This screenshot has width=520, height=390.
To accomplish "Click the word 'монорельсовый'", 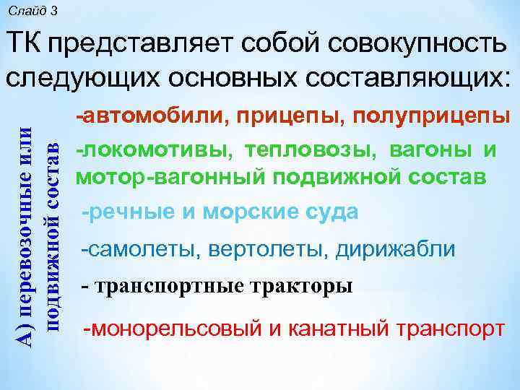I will (x=168, y=329).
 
